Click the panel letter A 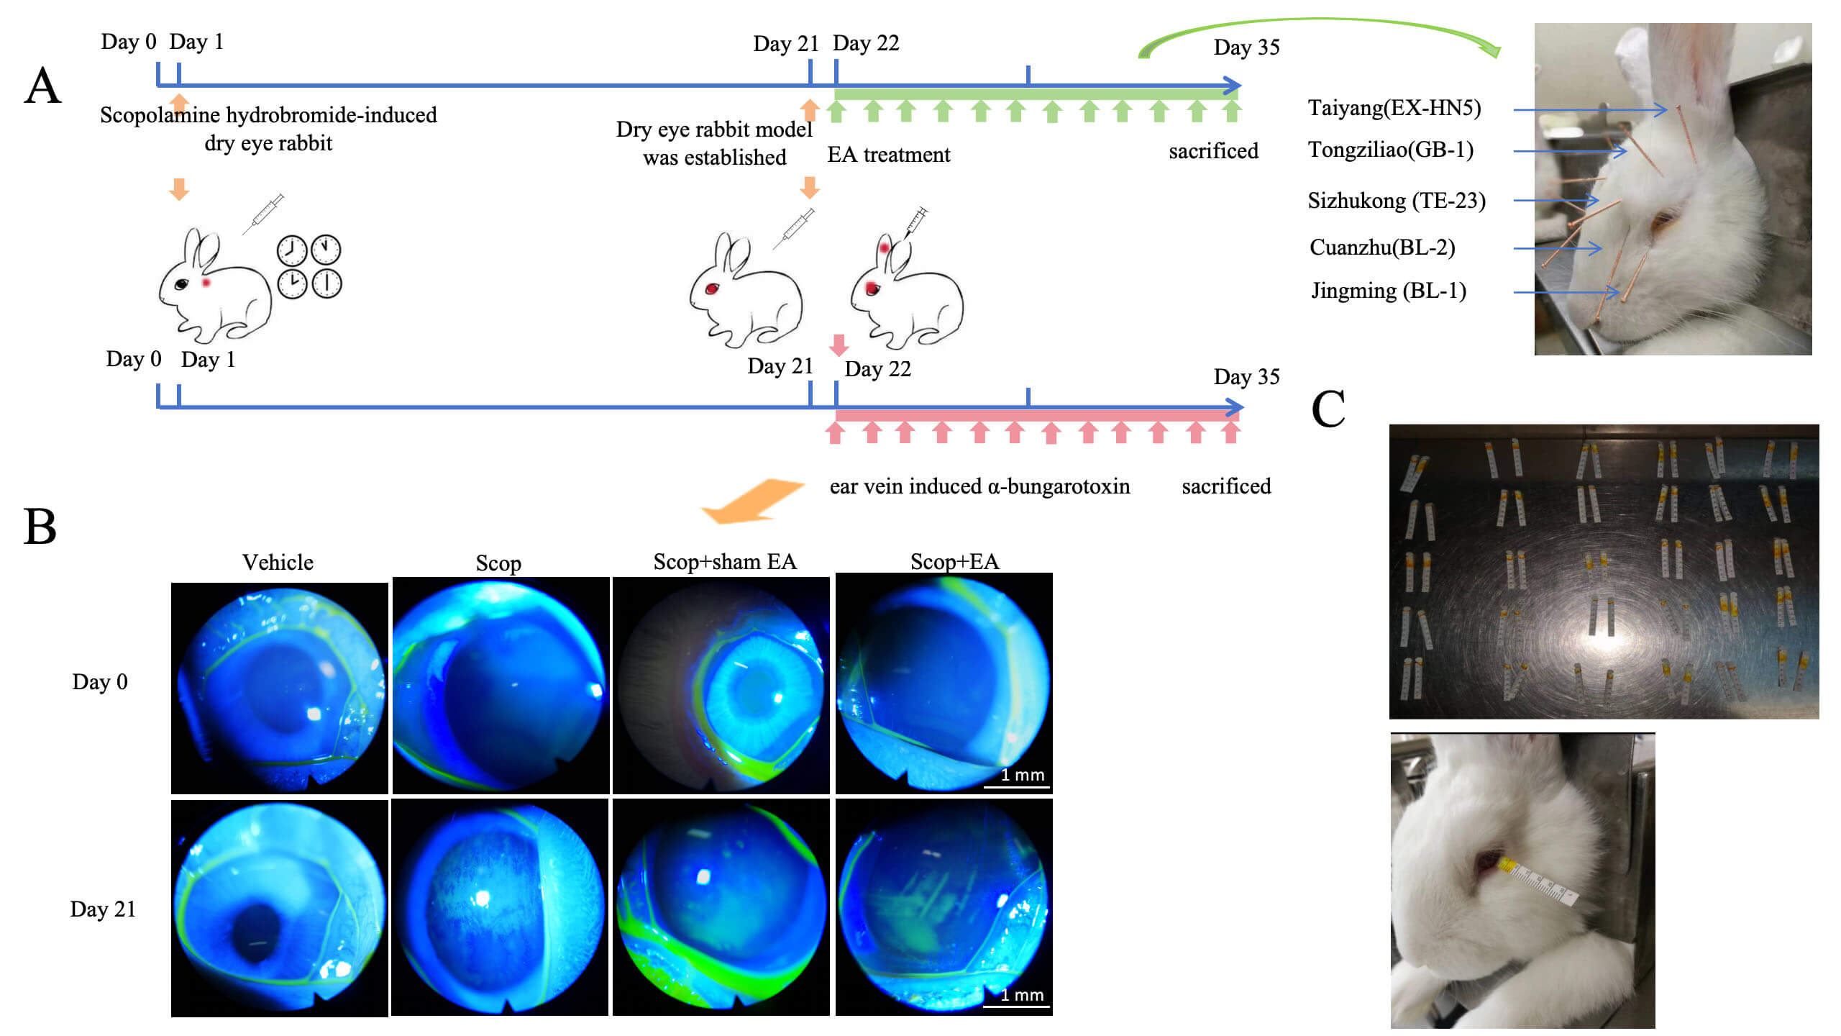tap(43, 86)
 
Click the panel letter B tap(40, 527)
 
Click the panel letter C tap(1328, 409)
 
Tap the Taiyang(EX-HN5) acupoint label tap(1394, 108)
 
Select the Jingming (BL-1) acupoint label tap(1388, 291)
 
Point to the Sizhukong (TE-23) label tap(1397, 201)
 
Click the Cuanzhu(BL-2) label tap(1382, 247)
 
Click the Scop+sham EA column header tap(725, 561)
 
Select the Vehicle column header tap(278, 562)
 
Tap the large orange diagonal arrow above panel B tap(752, 501)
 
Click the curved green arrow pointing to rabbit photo tap(1320, 37)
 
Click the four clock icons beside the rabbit tap(309, 266)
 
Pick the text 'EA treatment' tap(889, 155)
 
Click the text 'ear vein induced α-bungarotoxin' tap(979, 486)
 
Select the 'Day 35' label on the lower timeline tap(1246, 377)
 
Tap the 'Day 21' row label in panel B tap(103, 909)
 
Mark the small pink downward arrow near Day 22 tap(839, 345)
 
